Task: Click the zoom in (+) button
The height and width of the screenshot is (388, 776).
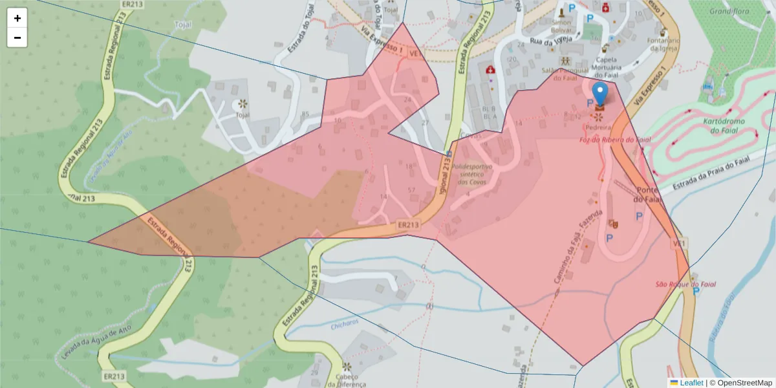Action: (x=17, y=18)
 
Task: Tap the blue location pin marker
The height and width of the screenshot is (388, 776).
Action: (x=601, y=94)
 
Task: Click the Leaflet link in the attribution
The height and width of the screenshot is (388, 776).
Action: (x=691, y=383)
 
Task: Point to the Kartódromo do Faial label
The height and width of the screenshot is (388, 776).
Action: (x=724, y=126)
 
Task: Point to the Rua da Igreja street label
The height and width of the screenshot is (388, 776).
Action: (x=552, y=40)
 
